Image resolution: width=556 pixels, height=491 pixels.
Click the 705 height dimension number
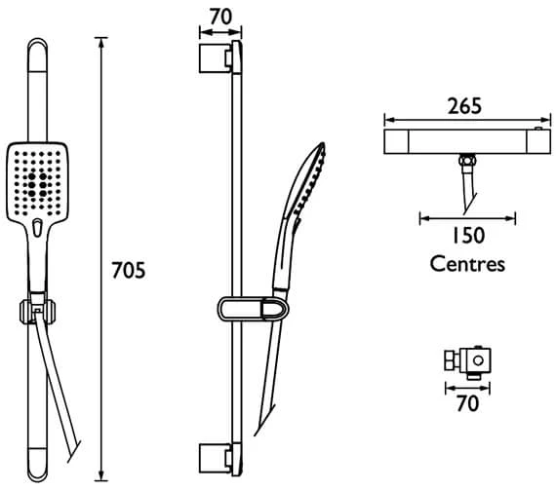pyautogui.click(x=127, y=270)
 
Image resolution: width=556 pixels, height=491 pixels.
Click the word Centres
pyautogui.click(x=468, y=263)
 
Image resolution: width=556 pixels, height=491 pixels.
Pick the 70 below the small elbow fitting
pyautogui.click(x=467, y=403)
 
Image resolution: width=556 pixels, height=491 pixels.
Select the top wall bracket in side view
pyautogui.click(x=219, y=57)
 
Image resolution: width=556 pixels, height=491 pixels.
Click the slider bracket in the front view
pyautogui.click(x=38, y=312)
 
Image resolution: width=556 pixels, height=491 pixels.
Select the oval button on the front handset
pyautogui.click(x=36, y=230)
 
